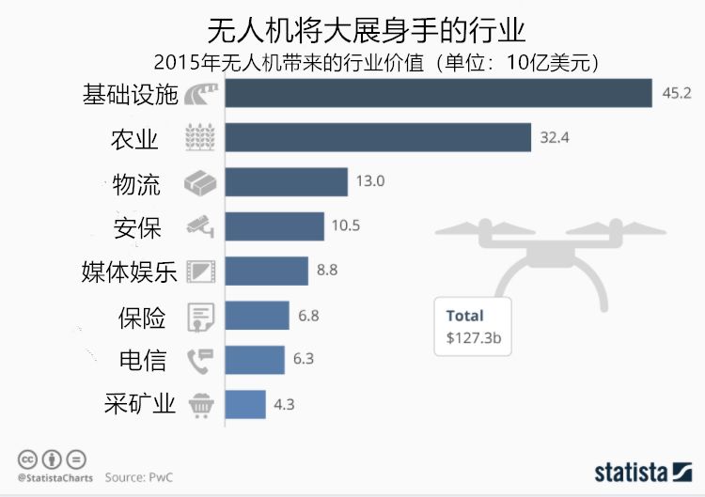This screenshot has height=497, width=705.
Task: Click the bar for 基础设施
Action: [438, 93]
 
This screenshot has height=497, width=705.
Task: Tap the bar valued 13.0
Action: [286, 181]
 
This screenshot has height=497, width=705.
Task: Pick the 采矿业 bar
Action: [245, 404]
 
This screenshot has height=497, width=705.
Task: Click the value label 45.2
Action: [677, 93]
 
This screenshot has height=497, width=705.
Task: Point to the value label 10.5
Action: [345, 225]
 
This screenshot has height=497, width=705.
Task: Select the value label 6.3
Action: [305, 360]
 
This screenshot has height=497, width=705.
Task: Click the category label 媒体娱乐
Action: [130, 272]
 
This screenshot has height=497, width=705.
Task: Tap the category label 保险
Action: [142, 317]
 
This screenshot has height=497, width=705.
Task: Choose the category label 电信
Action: [142, 361]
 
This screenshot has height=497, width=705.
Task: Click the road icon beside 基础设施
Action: [201, 94]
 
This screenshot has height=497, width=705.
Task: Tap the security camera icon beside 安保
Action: [201, 225]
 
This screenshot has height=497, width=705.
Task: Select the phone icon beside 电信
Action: [201, 361]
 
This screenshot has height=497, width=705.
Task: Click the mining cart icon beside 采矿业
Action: [201, 405]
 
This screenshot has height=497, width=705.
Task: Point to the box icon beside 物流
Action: [201, 182]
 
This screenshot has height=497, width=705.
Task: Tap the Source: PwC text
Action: [138, 477]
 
